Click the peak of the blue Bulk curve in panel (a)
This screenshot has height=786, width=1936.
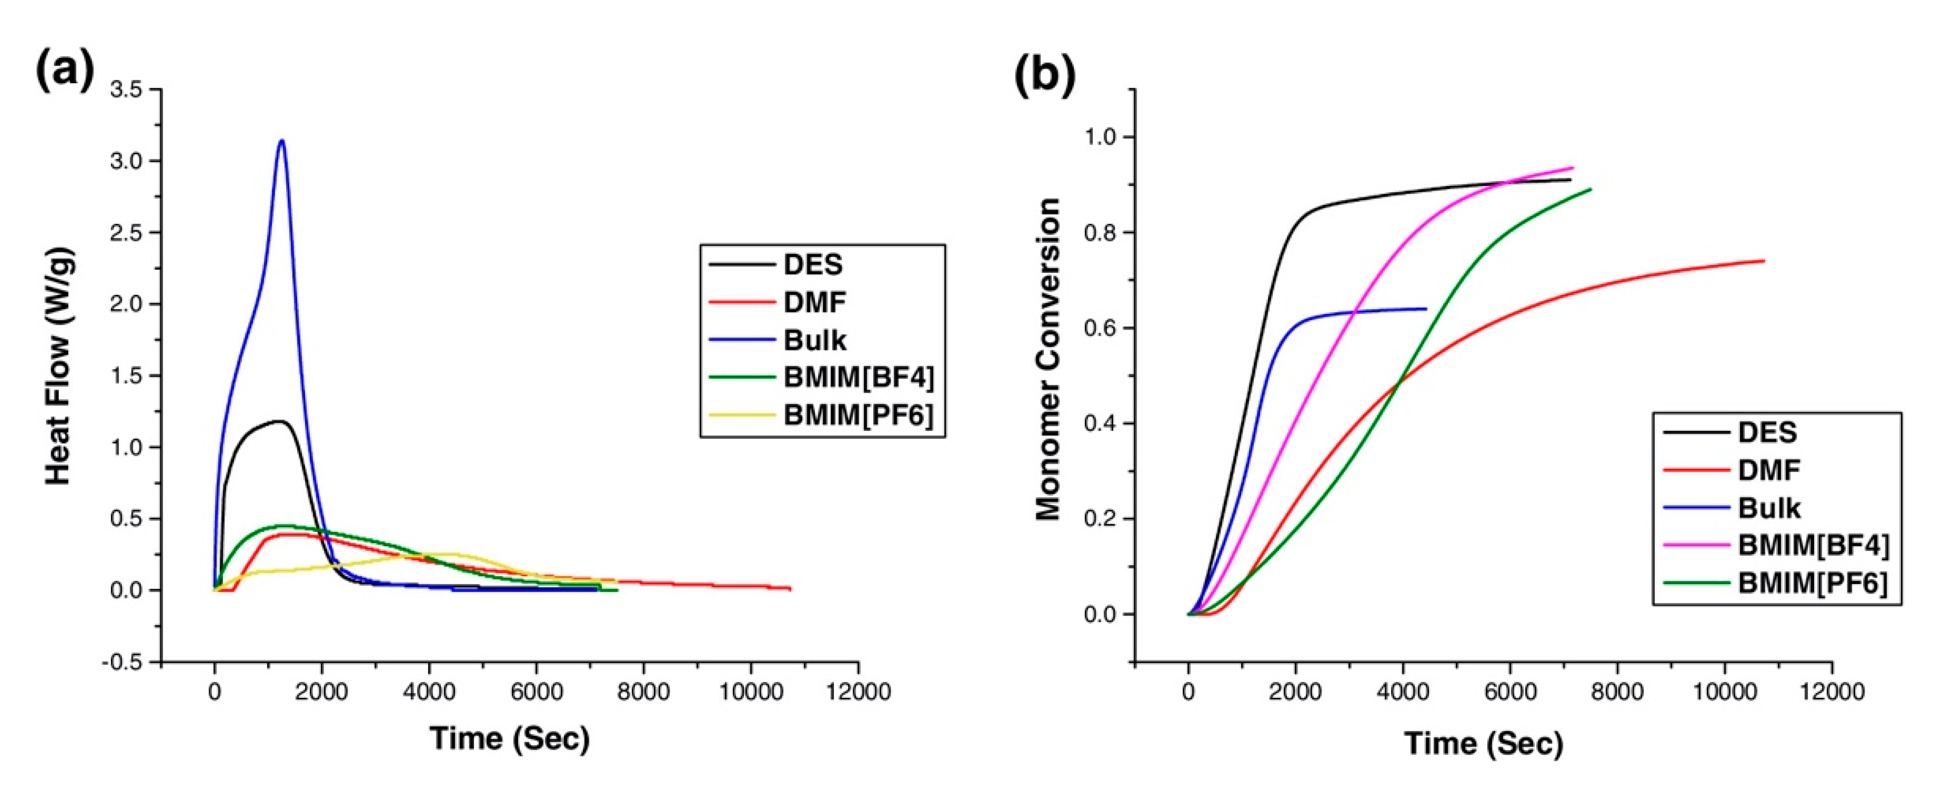(x=282, y=141)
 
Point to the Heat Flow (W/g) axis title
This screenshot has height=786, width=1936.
(x=58, y=366)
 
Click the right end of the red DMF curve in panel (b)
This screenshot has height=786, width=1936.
(x=1763, y=261)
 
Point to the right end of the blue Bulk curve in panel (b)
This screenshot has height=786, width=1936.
(x=1426, y=309)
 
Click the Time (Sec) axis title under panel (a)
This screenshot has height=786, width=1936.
(x=509, y=739)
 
